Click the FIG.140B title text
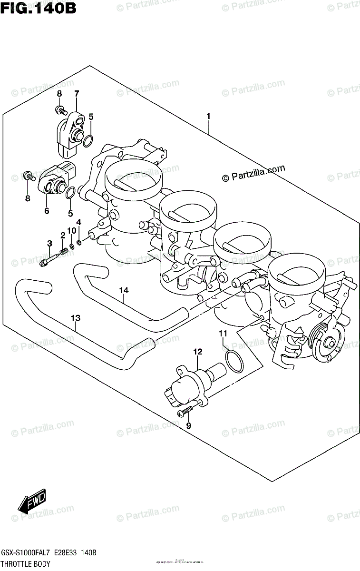38,8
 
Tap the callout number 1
208,116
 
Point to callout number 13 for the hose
75,316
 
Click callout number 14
124,290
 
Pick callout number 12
197,352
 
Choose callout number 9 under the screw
188,425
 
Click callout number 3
49,244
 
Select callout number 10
71,231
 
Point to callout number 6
47,211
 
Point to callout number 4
79,222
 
